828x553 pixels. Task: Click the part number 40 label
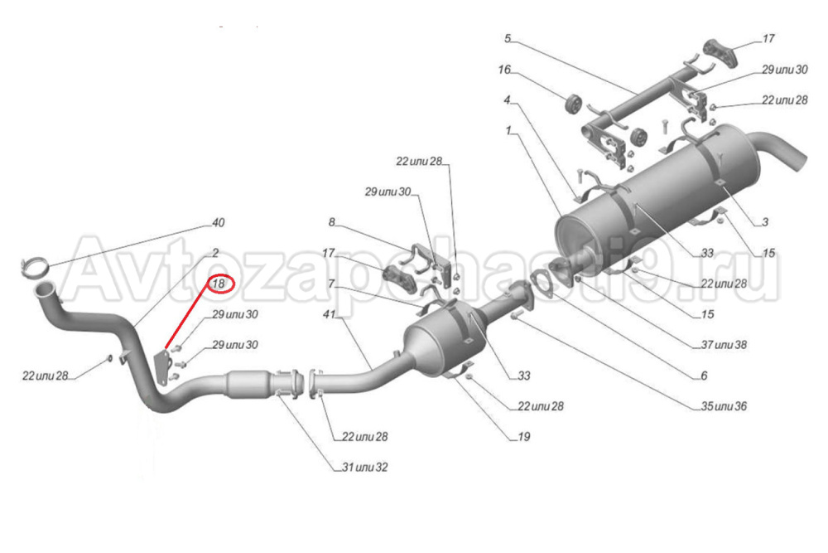tap(219, 223)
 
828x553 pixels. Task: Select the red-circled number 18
tap(221, 284)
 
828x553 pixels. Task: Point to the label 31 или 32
tap(364, 468)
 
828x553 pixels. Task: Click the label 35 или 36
tap(724, 406)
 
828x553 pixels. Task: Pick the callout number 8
tap(331, 221)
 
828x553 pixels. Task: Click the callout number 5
tap(508, 39)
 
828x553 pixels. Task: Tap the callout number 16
tap(504, 70)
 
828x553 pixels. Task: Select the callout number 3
tap(765, 221)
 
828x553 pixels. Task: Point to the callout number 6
tap(703, 375)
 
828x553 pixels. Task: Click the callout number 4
tap(506, 101)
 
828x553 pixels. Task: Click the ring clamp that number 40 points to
tap(31, 267)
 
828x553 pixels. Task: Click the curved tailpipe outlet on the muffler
tap(787, 154)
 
